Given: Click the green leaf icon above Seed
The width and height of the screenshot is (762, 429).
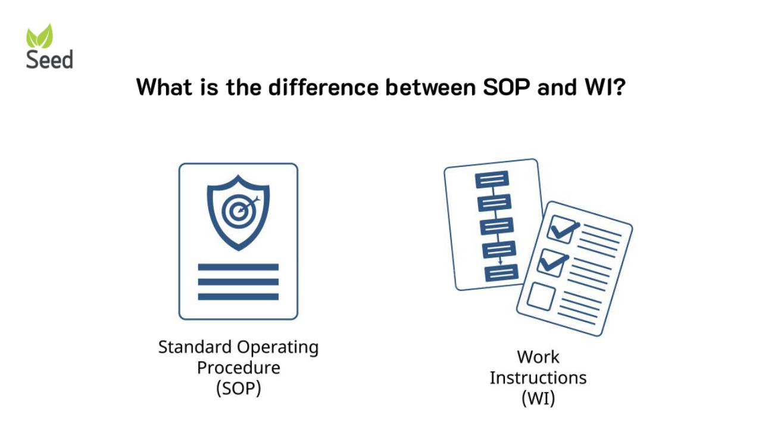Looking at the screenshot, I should click(x=40, y=36).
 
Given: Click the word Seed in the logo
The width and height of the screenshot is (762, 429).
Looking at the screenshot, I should click(x=49, y=60).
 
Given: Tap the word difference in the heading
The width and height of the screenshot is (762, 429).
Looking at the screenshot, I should click(x=322, y=88).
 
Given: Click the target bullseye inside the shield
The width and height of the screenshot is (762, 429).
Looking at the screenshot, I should click(x=238, y=209).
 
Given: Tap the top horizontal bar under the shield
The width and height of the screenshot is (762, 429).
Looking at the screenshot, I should click(x=238, y=267).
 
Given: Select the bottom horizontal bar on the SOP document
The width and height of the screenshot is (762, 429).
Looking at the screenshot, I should click(x=238, y=296).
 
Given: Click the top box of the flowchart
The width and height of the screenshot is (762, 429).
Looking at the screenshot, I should click(x=492, y=179).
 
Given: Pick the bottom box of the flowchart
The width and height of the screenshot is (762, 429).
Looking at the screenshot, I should click(x=501, y=272).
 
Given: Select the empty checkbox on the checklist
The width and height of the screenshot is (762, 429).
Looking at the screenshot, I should click(x=541, y=296).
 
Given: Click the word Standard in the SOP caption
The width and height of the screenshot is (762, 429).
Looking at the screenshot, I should click(x=195, y=347).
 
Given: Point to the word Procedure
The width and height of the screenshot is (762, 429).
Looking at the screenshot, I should click(x=238, y=368).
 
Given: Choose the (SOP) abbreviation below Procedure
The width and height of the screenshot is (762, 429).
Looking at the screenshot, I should click(x=238, y=388).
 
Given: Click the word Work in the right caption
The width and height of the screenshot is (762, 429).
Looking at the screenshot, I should click(x=538, y=357).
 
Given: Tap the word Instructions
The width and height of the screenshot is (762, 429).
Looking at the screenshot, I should click(x=538, y=378).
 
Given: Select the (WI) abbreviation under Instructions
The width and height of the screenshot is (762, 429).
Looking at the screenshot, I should click(x=538, y=398).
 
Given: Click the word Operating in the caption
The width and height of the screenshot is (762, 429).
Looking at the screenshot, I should click(x=278, y=347).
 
